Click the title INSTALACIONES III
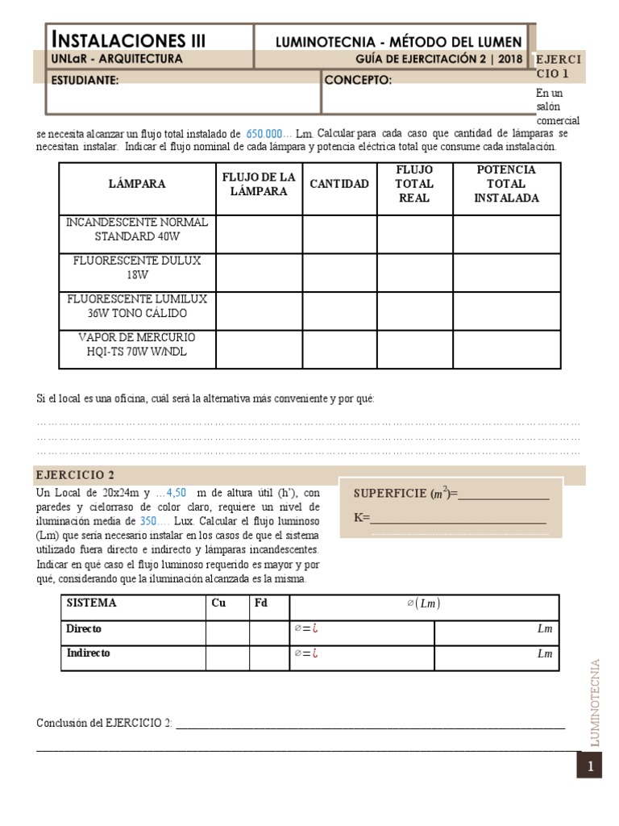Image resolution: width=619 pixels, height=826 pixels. pos(129,40)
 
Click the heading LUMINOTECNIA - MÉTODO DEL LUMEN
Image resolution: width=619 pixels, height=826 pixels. pos(398,41)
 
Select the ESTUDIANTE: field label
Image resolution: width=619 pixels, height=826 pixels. pos(85,80)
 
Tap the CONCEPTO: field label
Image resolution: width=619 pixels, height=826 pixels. pos(358,80)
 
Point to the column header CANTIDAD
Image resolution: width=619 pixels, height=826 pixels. pos(339,184)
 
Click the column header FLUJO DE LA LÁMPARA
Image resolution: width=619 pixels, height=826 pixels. pos(259,184)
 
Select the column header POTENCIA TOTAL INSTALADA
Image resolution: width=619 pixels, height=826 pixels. pos(506,184)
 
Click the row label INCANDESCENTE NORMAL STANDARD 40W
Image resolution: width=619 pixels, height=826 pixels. pos(137,229)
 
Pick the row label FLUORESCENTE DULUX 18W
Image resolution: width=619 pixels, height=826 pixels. pos(137,268)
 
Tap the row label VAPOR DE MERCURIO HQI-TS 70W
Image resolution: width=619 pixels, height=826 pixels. pos(137,344)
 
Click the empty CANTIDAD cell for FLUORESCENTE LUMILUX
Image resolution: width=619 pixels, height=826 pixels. pos(339,311)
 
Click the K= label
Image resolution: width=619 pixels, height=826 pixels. pos(361,518)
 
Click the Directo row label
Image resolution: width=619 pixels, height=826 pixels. pos(84,628)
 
